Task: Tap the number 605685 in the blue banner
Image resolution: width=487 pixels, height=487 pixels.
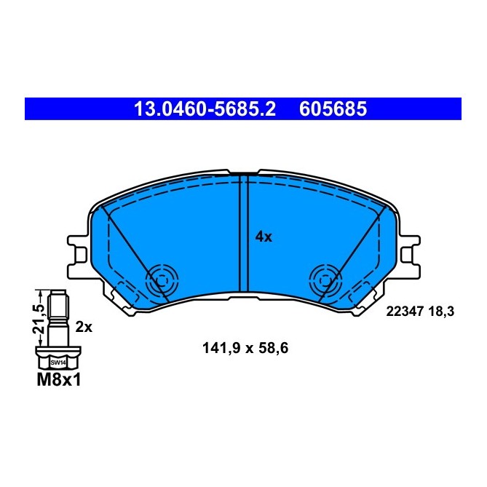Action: [x=331, y=110]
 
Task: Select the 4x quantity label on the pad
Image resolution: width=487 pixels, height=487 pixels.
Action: [x=264, y=237]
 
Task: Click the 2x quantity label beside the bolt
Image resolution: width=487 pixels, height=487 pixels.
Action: [x=84, y=327]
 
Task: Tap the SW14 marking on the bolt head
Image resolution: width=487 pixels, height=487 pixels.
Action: [x=56, y=361]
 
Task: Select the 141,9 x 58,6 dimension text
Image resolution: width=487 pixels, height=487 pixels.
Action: [x=245, y=348]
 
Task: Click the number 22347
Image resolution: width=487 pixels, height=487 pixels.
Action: [x=404, y=311]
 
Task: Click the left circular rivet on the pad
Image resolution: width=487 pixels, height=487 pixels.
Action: [x=161, y=279]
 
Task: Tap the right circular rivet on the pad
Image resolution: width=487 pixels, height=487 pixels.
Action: [x=325, y=279]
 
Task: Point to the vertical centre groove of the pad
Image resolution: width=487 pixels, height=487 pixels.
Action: [x=244, y=233]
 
